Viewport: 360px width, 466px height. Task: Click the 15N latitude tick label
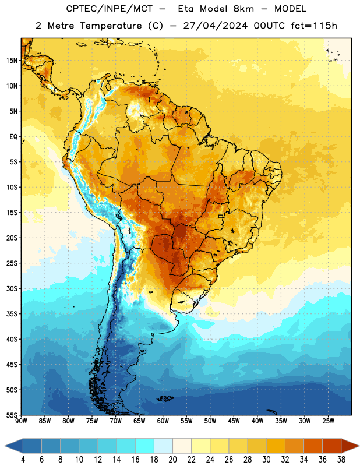(12, 61)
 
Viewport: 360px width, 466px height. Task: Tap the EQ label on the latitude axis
(13, 137)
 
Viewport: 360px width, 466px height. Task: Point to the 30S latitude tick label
(12, 288)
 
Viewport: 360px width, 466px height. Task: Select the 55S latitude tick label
(12, 415)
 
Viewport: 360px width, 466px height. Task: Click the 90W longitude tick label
(21, 421)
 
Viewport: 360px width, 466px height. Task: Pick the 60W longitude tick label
(163, 421)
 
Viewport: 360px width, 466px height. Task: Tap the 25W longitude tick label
(328, 421)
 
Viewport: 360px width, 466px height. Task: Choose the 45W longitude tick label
(234, 421)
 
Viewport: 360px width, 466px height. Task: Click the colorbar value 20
(172, 460)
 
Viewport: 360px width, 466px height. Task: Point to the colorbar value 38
(341, 460)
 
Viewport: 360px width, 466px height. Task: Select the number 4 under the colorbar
(23, 460)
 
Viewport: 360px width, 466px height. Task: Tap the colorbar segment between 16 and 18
(145, 446)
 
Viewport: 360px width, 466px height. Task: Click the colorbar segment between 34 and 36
(313, 446)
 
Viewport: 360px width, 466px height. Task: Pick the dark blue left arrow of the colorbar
(14, 446)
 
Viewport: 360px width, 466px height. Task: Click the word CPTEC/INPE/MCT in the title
(110, 9)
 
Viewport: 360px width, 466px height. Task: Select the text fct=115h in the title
(314, 26)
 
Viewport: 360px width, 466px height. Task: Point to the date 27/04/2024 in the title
(215, 26)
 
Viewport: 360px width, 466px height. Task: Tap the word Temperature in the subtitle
(111, 26)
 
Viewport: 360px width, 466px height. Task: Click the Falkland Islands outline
(165, 398)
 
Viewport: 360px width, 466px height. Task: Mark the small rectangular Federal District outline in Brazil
(221, 216)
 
